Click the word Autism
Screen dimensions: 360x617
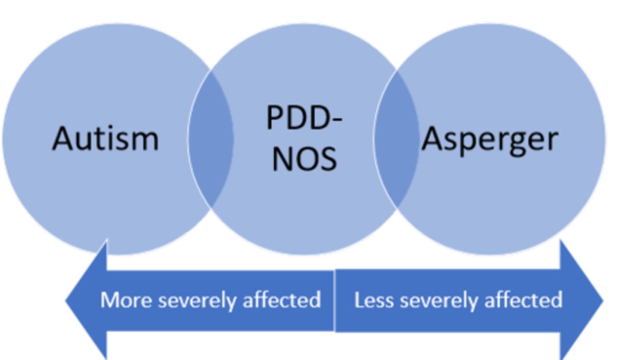tap(105, 138)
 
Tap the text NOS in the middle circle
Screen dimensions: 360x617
tap(304, 158)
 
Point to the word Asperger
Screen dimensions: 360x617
tap(489, 139)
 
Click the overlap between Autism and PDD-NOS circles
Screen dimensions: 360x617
tap(211, 139)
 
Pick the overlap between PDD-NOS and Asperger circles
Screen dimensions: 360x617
tap(396, 139)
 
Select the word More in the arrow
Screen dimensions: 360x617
tap(127, 300)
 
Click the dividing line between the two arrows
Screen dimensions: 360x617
tap(334, 300)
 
